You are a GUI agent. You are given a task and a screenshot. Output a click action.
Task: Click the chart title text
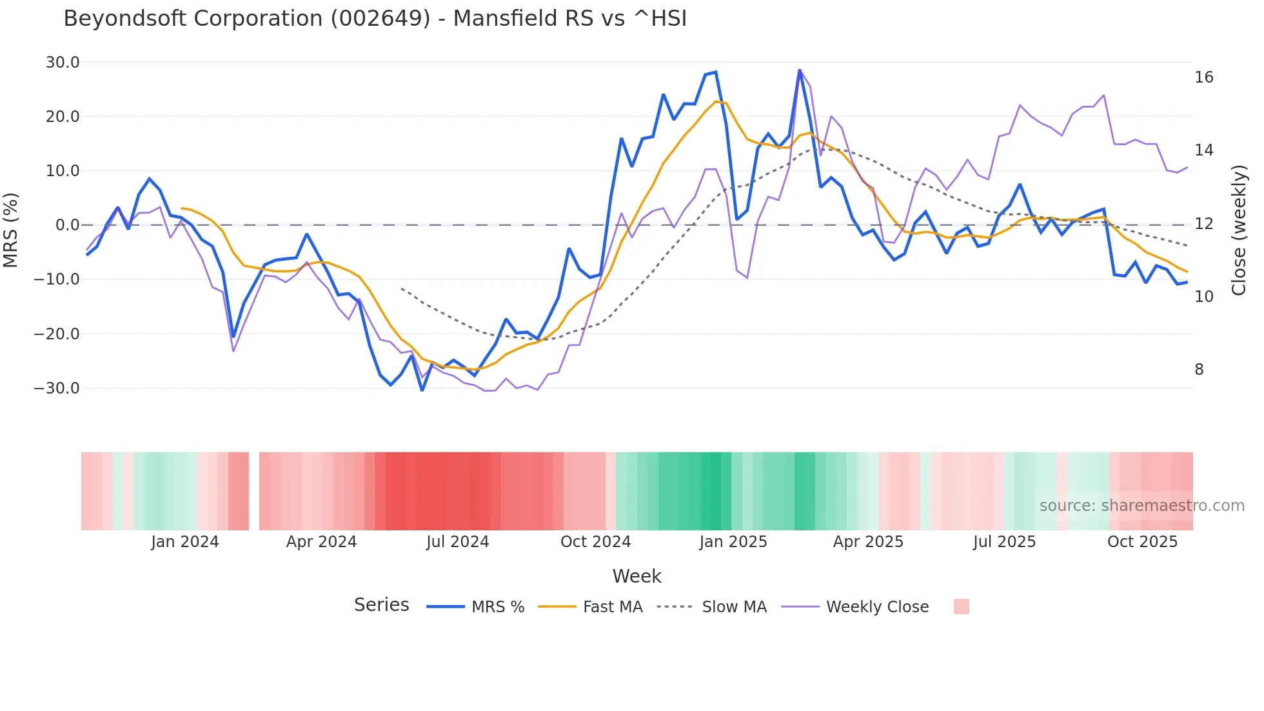tap(375, 19)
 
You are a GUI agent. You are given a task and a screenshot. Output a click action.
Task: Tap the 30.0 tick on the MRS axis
tap(63, 63)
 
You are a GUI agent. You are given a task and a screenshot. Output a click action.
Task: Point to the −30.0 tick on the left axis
tap(57, 388)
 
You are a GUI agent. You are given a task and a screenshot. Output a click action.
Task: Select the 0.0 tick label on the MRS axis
tap(67, 225)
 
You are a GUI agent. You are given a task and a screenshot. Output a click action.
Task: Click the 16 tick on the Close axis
tap(1203, 77)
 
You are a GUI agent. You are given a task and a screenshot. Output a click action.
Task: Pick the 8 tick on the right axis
tap(1199, 370)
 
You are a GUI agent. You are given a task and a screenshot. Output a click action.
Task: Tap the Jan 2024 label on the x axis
tap(185, 542)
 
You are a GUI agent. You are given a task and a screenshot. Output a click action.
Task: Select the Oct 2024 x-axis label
tap(595, 542)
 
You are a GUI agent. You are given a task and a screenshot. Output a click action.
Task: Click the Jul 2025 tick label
tap(1004, 542)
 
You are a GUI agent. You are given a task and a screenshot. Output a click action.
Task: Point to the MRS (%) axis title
tap(11, 230)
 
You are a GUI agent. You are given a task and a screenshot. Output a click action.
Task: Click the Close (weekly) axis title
tap(1238, 230)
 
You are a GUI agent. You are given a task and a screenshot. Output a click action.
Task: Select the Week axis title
tap(637, 576)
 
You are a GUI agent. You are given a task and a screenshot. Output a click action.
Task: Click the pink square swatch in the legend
tap(961, 606)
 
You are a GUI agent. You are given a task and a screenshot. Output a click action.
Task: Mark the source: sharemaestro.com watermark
tap(1141, 506)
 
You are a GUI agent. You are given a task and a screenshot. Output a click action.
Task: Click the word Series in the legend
tap(381, 605)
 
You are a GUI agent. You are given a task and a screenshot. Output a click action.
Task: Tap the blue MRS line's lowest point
tap(422, 390)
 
